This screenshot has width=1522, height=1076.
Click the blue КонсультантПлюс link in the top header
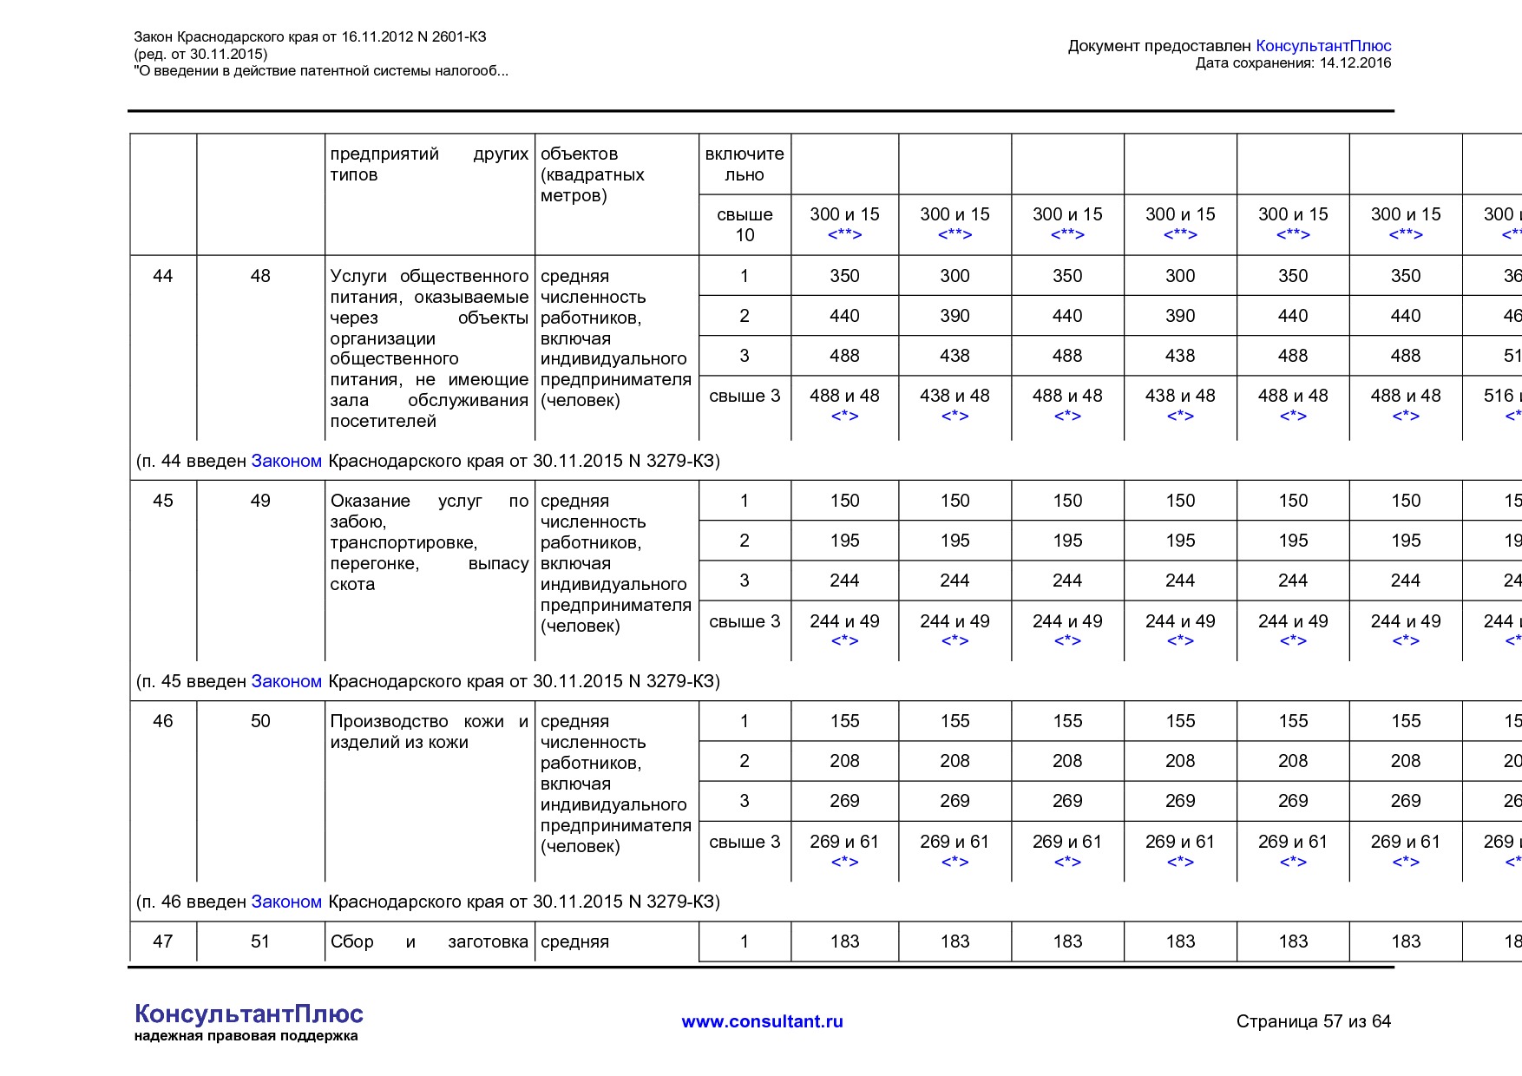pyautogui.click(x=1322, y=46)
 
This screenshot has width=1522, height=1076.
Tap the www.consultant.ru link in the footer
pyautogui.click(x=762, y=1021)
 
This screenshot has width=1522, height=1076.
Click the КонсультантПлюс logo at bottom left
pyautogui.click(x=248, y=1021)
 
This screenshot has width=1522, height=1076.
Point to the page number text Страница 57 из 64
pyautogui.click(x=1313, y=1021)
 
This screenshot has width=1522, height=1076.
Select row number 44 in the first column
pyautogui.click(x=162, y=276)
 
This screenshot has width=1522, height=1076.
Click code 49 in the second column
pyautogui.click(x=260, y=501)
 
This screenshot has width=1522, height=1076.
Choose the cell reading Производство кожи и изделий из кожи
pyautogui.click(x=429, y=732)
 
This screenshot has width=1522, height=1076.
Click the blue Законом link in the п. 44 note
pyautogui.click(x=286, y=461)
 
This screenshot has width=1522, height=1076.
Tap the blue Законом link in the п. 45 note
pyautogui.click(x=286, y=681)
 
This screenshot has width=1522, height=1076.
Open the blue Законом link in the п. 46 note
pyautogui.click(x=286, y=902)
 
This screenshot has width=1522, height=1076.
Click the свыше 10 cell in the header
pyautogui.click(x=745, y=225)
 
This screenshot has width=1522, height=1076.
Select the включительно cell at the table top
pyautogui.click(x=745, y=164)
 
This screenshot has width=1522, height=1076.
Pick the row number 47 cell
pyautogui.click(x=162, y=941)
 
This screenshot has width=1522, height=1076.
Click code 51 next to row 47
pyautogui.click(x=260, y=941)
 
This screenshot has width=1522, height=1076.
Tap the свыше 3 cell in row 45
pyautogui.click(x=745, y=621)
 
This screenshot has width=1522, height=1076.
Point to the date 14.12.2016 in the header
pyautogui.click(x=1355, y=62)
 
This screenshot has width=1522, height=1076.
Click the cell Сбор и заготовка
pyautogui.click(x=429, y=941)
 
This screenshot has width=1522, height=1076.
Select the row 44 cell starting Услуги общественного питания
pyautogui.click(x=429, y=348)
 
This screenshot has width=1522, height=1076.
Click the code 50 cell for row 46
pyautogui.click(x=260, y=721)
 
